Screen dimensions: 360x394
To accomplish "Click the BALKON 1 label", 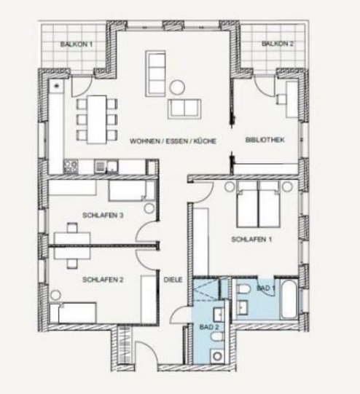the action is tap(77, 44).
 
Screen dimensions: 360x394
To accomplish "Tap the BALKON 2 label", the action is tap(278, 44).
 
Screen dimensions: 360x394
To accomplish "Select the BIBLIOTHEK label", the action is tap(265, 140).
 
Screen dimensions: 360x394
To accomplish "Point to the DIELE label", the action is tap(173, 280).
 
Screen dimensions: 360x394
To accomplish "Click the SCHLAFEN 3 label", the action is tap(103, 216).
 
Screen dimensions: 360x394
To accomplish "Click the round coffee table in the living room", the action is tap(177, 87).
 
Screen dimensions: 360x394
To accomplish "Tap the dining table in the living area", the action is tap(97, 119).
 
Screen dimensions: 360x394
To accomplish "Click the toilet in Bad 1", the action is tap(243, 289).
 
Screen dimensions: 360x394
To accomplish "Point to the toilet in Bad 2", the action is tap(217, 336).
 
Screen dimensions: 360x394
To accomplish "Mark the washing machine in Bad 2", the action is tap(217, 356).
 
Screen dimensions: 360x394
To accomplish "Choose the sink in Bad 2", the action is tap(219, 315).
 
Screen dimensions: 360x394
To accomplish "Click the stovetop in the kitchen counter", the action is tap(71, 167).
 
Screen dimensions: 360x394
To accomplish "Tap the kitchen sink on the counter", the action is tap(106, 166).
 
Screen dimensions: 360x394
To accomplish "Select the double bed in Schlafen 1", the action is tap(258, 204).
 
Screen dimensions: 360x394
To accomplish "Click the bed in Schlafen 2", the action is tap(73, 313).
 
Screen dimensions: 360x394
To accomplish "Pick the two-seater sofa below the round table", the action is tap(184, 109).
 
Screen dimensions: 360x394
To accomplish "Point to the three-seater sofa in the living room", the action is tap(155, 74).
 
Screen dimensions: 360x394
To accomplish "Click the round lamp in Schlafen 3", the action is tap(149, 208).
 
